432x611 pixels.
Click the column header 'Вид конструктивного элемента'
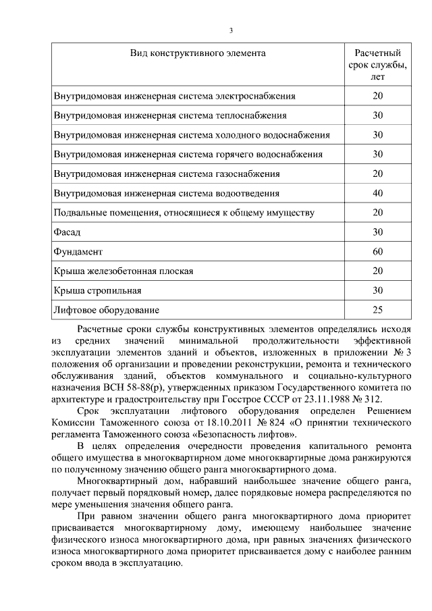198,53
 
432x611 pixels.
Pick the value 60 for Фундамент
377,252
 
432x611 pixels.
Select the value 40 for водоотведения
377,193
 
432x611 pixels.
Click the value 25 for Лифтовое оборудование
377,311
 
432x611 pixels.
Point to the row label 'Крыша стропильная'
97,291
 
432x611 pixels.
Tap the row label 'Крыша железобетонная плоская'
124,271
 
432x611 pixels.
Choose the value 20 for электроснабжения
377,96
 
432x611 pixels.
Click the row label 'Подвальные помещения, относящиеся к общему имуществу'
184,213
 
